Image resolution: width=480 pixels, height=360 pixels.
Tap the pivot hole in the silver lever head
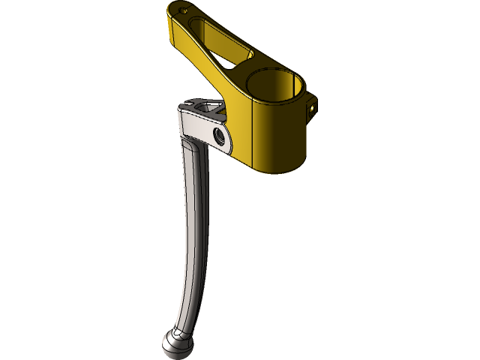220,135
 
